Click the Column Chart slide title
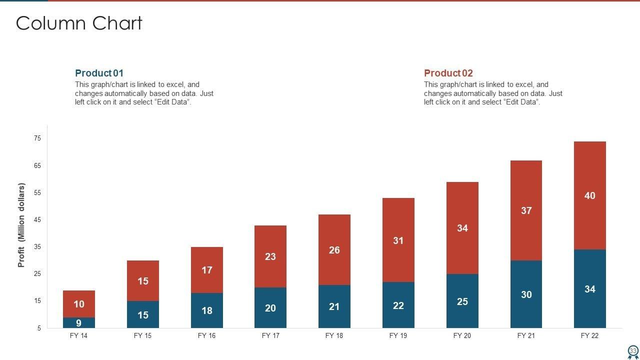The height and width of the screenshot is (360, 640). click(79, 23)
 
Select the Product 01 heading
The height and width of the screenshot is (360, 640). click(99, 73)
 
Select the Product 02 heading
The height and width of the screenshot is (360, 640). click(448, 73)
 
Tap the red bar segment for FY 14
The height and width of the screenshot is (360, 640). click(79, 303)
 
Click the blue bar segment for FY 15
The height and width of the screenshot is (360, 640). click(143, 314)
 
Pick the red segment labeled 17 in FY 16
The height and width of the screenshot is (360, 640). click(207, 270)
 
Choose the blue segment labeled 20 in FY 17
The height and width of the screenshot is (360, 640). click(270, 308)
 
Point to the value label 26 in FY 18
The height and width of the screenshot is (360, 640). click(334, 250)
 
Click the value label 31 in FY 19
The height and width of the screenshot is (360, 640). click(398, 240)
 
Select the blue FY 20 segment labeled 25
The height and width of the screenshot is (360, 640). click(462, 301)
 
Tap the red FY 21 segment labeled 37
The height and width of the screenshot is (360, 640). click(526, 210)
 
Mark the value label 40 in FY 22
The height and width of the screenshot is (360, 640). click(590, 195)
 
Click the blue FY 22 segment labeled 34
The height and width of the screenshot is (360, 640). click(590, 289)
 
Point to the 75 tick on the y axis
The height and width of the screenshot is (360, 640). click(37, 138)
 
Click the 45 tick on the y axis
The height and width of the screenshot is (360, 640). click(37, 220)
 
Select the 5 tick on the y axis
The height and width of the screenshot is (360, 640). click(39, 328)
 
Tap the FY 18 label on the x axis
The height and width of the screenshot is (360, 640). click(334, 336)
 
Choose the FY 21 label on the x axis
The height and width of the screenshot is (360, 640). click(526, 336)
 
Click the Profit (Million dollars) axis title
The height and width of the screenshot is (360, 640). click(21, 225)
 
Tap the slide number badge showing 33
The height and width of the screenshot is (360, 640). click(633, 351)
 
